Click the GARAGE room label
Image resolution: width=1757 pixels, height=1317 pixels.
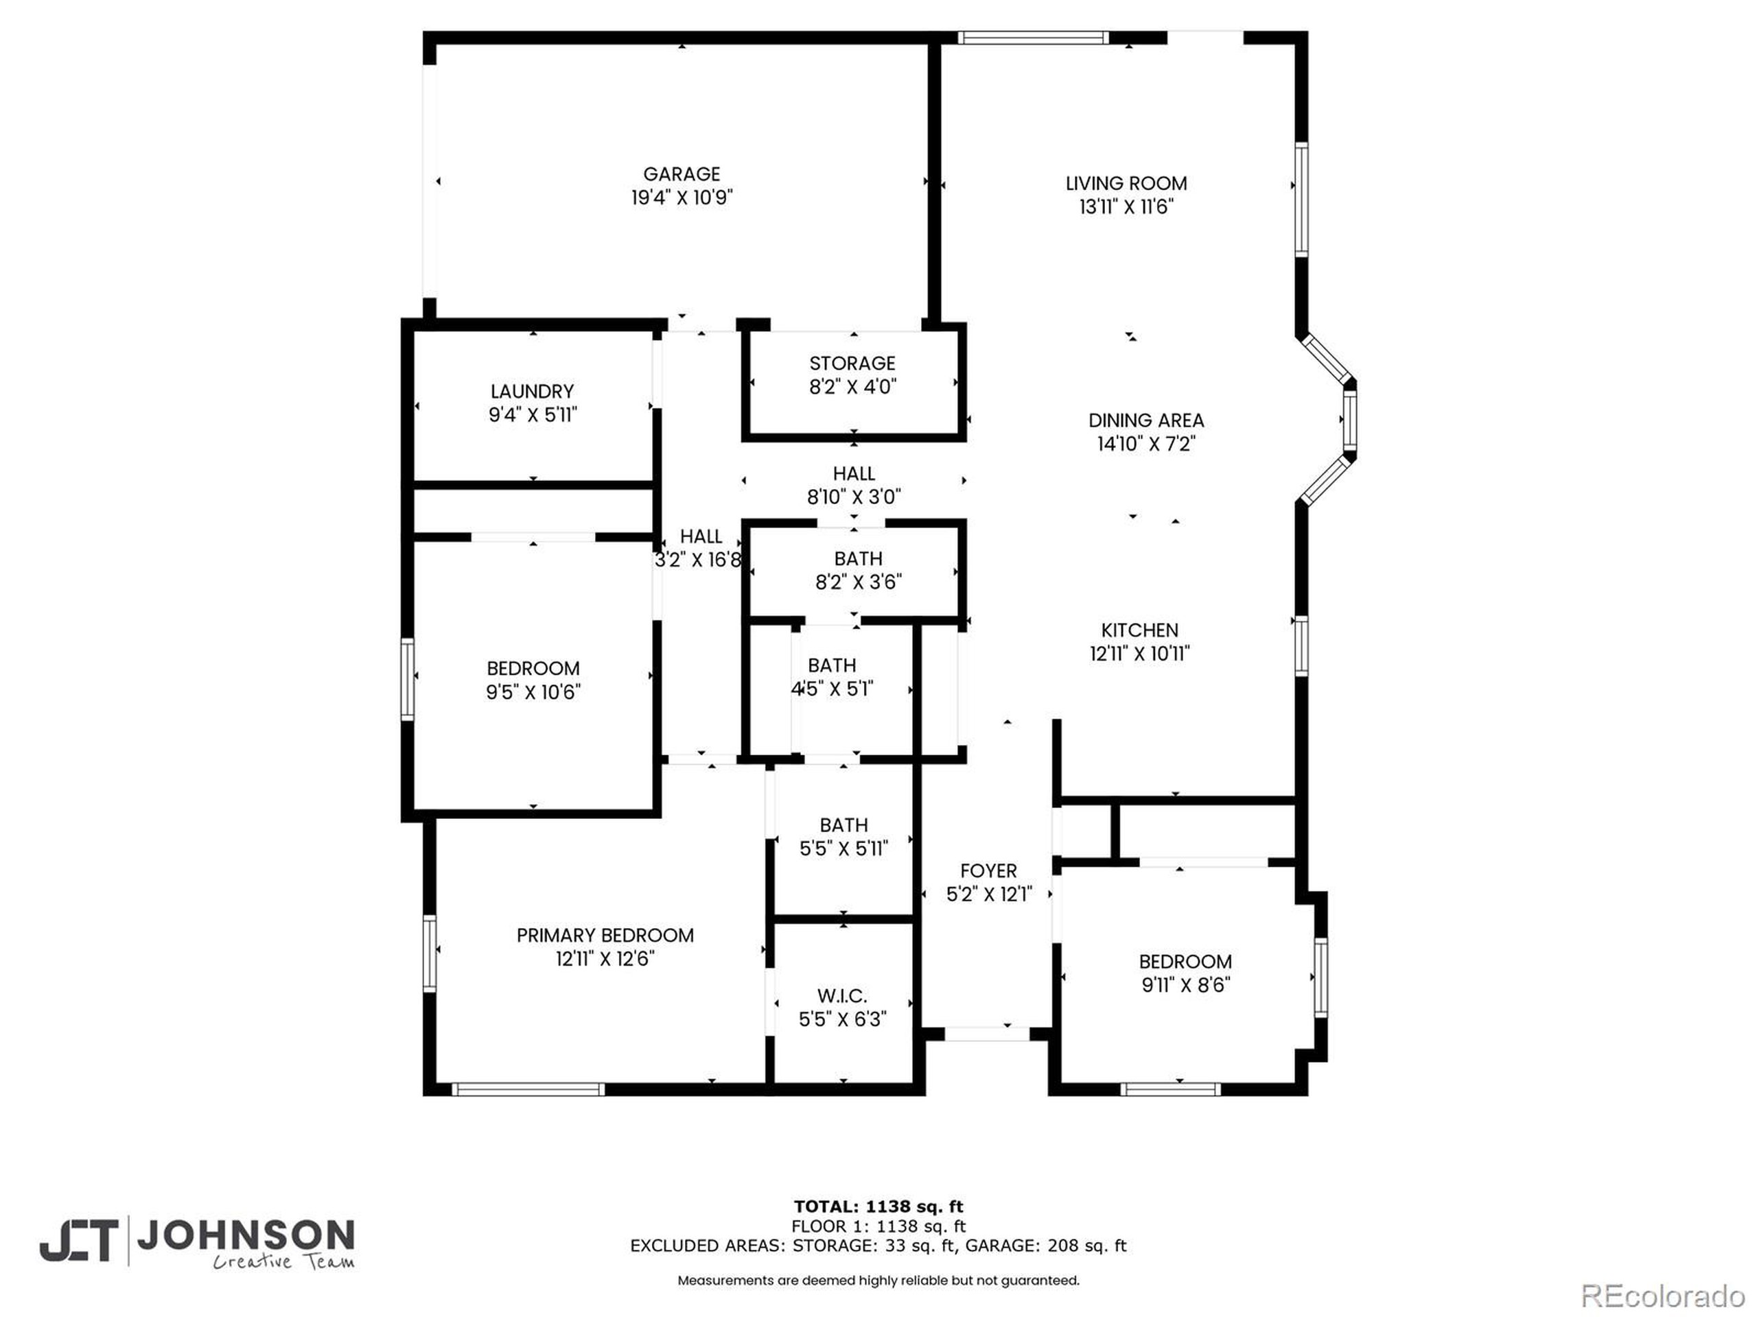click(x=682, y=174)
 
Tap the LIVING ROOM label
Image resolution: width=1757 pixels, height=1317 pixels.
click(x=1126, y=183)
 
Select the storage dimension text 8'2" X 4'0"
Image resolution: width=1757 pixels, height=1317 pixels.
click(x=852, y=387)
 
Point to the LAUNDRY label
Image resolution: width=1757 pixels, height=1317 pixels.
click(x=531, y=392)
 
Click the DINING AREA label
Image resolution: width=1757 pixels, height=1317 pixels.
click(x=1145, y=420)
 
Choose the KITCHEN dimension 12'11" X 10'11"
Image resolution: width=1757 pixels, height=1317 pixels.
click(x=1139, y=653)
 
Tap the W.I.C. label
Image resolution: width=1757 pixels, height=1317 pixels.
click(x=842, y=995)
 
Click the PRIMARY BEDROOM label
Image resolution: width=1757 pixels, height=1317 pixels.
click(x=605, y=935)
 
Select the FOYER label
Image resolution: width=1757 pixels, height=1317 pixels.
click(x=988, y=871)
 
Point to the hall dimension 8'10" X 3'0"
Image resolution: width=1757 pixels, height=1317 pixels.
click(x=854, y=497)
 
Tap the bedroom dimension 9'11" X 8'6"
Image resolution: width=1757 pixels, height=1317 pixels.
click(x=1185, y=985)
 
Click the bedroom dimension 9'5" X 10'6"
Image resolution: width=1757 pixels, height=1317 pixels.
click(x=533, y=692)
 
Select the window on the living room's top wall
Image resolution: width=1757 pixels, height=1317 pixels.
click(x=1032, y=37)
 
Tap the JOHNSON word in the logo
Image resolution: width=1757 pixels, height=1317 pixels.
click(x=246, y=1235)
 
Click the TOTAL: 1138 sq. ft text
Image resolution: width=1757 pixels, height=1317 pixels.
click(x=878, y=1207)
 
